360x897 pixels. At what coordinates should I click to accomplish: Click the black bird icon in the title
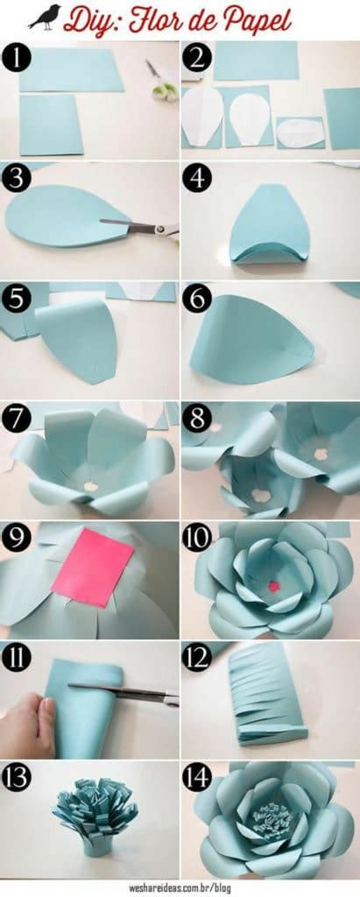click(x=44, y=17)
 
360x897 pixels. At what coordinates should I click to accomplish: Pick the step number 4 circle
click(x=196, y=177)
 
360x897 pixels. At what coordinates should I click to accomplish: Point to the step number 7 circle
click(x=17, y=417)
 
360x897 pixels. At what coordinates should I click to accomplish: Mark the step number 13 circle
click(x=17, y=777)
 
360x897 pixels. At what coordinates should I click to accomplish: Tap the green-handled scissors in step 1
click(x=162, y=81)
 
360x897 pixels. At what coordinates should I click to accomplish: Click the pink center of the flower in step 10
click(x=273, y=585)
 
